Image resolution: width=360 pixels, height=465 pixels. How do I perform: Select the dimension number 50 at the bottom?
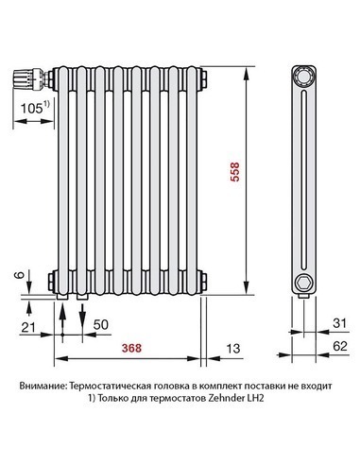(x=102, y=324)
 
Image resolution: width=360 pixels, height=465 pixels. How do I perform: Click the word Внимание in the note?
(x=43, y=387)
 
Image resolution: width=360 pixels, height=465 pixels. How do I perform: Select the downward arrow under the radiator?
(x=82, y=317)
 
